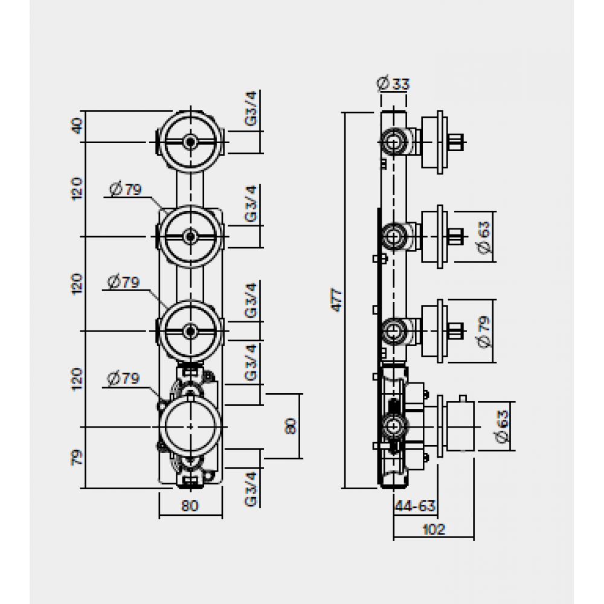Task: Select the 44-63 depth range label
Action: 415,504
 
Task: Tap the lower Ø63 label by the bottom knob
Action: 503,425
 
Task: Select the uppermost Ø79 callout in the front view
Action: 125,190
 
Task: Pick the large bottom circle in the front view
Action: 191,426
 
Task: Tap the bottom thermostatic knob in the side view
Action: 457,426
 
